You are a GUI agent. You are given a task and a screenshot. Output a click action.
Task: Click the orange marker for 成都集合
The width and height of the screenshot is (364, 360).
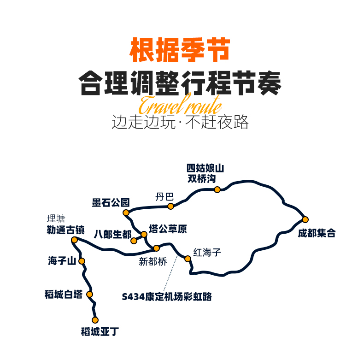[305, 219]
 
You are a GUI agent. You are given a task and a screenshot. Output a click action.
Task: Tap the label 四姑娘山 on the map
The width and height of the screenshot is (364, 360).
[205, 168]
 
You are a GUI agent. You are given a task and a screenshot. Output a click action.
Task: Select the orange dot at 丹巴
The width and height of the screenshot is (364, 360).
[170, 206]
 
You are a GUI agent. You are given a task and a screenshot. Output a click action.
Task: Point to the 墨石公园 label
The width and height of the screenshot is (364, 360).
[111, 203]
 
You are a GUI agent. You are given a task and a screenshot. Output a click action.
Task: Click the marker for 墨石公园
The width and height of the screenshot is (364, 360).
[126, 212]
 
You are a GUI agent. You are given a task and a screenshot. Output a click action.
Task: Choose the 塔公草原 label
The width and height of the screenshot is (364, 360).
[168, 229]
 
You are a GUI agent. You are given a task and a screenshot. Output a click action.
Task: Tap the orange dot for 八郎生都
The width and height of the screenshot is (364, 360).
[134, 241]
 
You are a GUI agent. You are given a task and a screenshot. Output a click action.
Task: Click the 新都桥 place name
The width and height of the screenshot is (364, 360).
[153, 262]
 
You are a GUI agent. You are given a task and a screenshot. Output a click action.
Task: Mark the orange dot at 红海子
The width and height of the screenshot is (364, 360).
[188, 259]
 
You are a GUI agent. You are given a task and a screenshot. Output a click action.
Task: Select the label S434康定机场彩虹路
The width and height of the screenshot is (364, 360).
[167, 297]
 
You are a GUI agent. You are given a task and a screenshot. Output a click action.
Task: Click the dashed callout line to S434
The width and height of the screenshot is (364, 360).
[170, 273]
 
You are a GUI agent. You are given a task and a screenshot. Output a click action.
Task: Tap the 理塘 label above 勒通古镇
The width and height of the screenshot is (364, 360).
[56, 218]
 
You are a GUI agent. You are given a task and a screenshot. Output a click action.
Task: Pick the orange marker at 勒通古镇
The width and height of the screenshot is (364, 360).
[74, 240]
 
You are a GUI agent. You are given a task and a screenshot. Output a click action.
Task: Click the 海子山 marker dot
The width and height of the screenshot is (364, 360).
[82, 261]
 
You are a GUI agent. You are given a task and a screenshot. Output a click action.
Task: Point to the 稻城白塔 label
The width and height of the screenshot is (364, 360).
[64, 295]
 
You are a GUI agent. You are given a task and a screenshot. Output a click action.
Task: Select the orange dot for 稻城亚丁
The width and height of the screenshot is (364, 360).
[95, 320]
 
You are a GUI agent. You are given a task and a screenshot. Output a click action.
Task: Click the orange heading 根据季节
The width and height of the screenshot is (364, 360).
[180, 50]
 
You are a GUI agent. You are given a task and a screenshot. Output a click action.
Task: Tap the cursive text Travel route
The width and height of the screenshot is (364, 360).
[180, 105]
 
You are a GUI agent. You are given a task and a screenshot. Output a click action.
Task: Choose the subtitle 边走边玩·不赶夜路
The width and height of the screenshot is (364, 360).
[180, 122]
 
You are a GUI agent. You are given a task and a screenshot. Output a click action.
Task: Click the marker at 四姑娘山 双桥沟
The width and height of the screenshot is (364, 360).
[217, 190]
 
